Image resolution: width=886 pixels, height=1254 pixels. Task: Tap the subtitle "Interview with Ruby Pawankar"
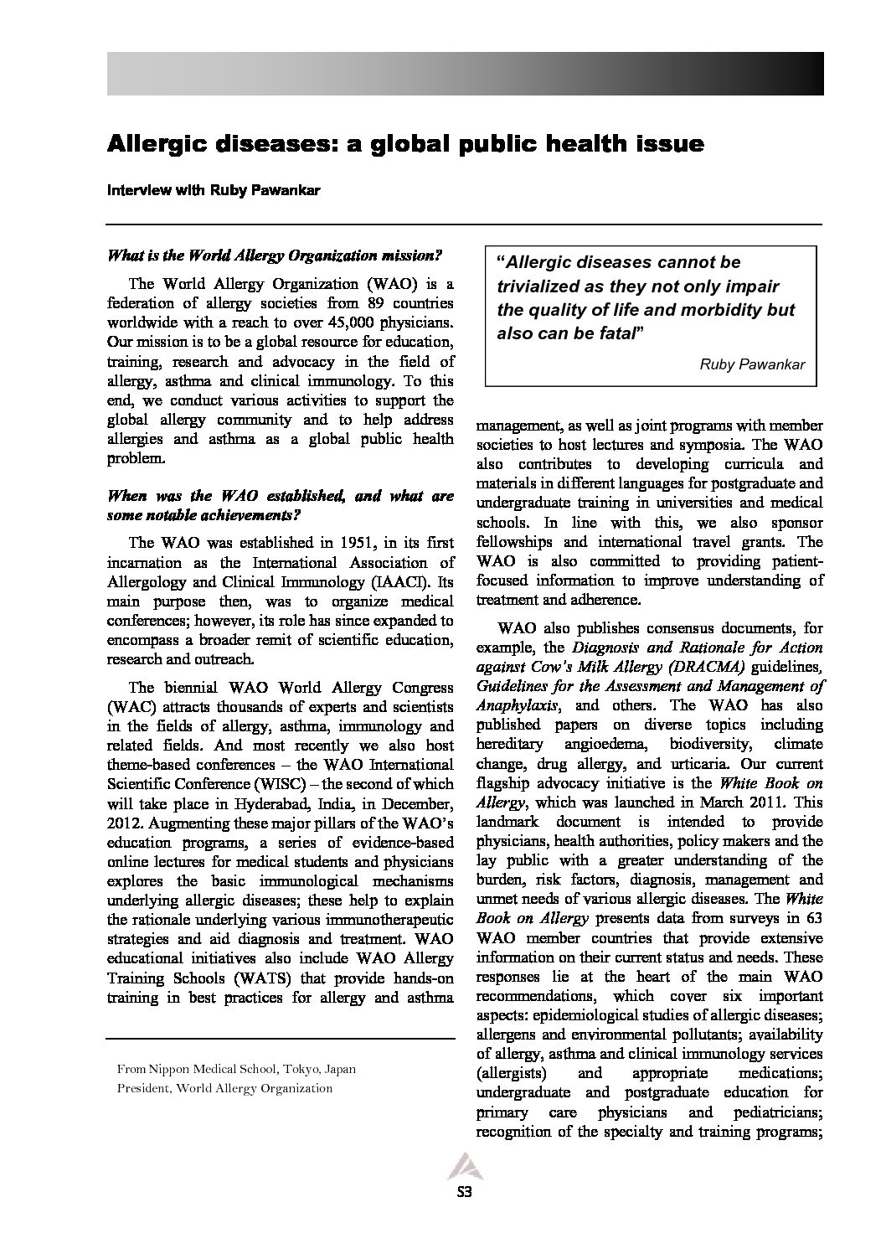(x=202, y=190)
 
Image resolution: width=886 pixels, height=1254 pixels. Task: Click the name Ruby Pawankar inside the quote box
(x=752, y=364)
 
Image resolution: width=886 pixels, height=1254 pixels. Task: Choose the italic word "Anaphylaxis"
(x=517, y=705)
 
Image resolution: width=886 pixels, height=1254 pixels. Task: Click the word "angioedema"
(x=605, y=744)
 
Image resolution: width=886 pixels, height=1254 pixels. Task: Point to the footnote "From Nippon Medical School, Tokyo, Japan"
(x=237, y=1070)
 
